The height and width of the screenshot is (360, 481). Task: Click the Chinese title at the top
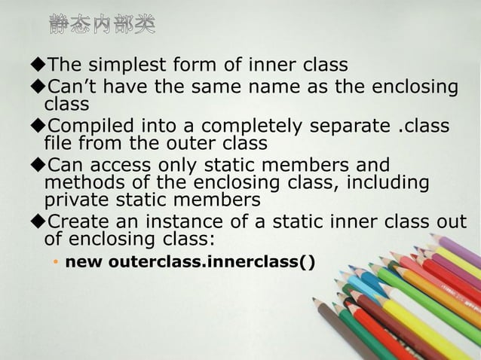click(103, 25)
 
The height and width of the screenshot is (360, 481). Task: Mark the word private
click(78, 200)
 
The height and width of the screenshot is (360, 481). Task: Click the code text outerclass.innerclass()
click(213, 262)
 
